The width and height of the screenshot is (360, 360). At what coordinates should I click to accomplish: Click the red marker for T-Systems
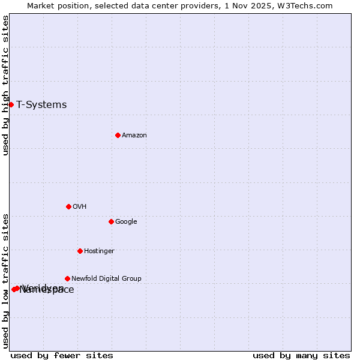point(11,105)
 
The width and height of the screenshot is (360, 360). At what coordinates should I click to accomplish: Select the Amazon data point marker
point(118,135)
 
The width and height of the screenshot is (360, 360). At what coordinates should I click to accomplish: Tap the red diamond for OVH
point(68,206)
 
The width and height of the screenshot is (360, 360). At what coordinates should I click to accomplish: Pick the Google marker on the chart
point(111,221)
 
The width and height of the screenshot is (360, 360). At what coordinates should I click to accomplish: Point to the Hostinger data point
point(80,251)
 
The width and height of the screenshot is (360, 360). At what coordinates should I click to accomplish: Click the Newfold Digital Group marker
point(67,278)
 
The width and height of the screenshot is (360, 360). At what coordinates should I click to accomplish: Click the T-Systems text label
point(41,105)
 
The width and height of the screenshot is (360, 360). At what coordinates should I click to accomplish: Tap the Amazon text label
point(134,136)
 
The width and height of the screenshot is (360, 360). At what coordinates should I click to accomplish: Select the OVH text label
point(80,207)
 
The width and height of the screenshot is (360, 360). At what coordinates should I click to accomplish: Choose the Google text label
point(126,222)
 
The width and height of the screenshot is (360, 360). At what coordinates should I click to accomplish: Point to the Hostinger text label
point(99,251)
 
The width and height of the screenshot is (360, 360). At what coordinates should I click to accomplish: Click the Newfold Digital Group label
point(106,279)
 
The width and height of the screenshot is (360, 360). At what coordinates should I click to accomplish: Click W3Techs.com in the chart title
point(308,6)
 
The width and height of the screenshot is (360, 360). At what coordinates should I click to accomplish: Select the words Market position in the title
point(56,6)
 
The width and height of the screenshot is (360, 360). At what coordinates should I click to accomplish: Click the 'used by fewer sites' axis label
point(62,356)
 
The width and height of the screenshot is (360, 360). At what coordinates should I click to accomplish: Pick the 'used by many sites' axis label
point(301,356)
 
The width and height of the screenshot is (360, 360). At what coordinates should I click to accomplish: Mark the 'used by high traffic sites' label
point(6,85)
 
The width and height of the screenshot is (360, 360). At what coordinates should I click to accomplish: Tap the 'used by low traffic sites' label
point(6,280)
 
